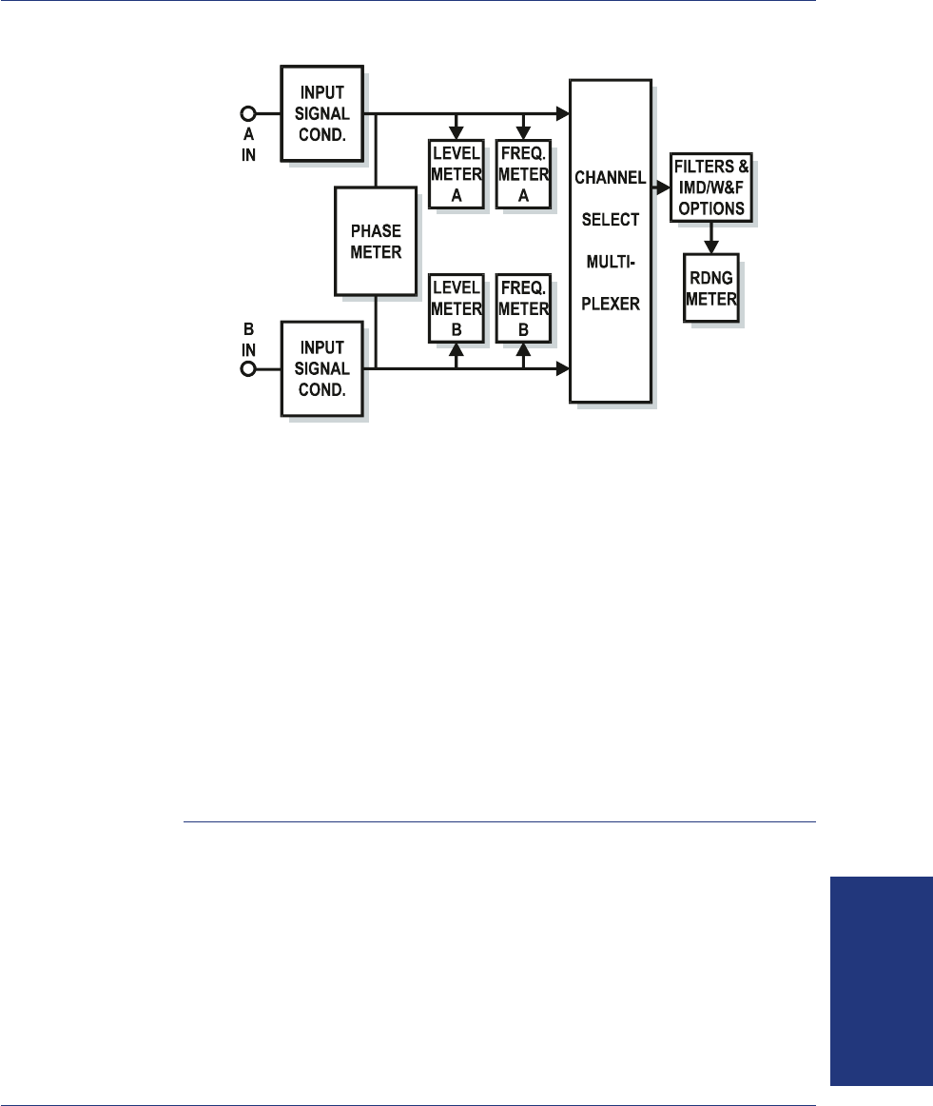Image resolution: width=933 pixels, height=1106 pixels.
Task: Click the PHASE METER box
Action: tap(376, 240)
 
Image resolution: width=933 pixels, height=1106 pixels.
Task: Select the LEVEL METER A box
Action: tap(457, 173)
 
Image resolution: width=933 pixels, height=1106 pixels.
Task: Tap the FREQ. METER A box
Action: tap(523, 173)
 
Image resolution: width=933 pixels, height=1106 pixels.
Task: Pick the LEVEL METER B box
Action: tap(457, 309)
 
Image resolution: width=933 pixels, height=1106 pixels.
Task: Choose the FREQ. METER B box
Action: tap(523, 309)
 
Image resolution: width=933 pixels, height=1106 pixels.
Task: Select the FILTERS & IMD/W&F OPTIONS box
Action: tap(711, 188)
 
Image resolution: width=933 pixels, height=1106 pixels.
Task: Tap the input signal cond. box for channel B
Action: tap(323, 368)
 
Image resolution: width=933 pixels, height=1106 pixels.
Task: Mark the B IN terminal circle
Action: tap(248, 369)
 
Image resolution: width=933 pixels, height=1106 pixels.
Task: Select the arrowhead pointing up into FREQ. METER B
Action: tap(523, 350)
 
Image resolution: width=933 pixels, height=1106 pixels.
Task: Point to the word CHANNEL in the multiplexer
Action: tap(610, 178)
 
